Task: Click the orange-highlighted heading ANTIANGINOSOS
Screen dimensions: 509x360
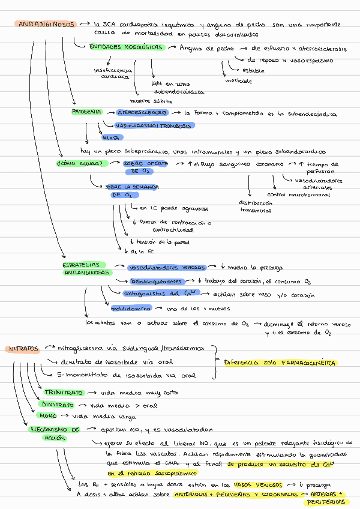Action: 46,25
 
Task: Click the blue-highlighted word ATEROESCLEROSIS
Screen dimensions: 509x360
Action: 142,113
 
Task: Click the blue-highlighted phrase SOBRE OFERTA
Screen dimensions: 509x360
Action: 145,163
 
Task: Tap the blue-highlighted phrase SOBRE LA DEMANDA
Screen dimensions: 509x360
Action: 132,187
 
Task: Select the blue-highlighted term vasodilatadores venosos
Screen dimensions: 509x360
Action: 167,268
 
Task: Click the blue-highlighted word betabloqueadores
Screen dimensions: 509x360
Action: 155,281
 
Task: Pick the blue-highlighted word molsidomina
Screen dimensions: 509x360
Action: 130,309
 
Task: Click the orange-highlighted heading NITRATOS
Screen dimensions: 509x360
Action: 24,349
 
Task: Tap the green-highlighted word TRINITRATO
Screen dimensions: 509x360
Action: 64,392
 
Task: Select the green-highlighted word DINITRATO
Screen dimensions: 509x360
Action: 62,405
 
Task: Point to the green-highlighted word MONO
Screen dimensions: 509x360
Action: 47,415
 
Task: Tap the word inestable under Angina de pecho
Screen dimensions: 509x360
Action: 238,81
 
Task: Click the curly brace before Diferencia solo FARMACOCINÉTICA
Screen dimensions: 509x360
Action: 215,363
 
